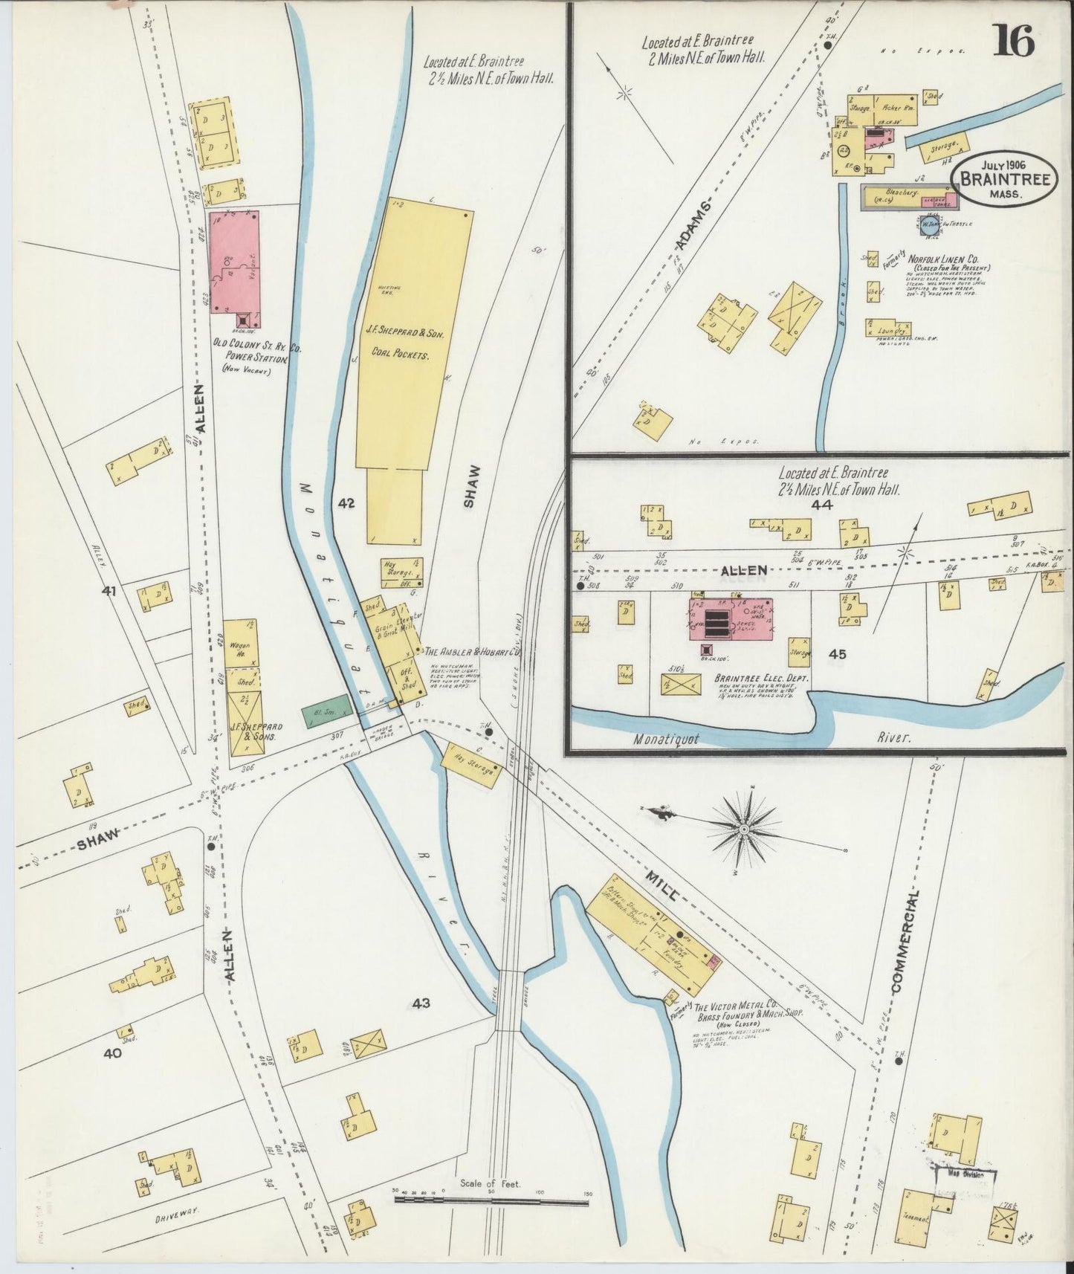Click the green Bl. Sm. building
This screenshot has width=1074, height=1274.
tap(325, 711)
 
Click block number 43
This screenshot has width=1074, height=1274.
tap(421, 1003)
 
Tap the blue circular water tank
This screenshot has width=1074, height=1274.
tap(928, 227)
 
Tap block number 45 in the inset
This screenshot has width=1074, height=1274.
tap(838, 654)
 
